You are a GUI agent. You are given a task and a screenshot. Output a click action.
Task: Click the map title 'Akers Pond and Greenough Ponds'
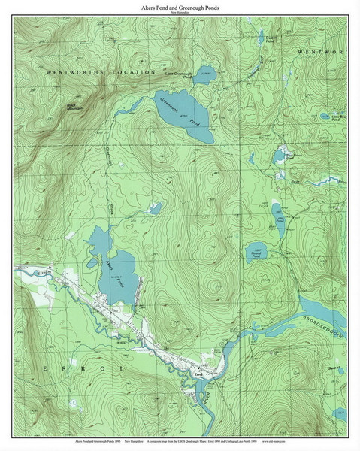point(180,8)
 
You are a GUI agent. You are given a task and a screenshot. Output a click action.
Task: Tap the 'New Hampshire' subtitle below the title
point(180,14)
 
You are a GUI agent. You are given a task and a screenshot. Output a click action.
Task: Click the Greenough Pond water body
point(180,113)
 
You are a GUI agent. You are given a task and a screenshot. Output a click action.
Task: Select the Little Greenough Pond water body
point(207,74)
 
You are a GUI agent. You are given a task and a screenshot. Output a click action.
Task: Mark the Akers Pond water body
point(120,271)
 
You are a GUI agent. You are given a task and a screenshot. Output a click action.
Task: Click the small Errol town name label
point(198,373)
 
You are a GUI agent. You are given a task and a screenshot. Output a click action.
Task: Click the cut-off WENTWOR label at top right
point(321,53)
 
